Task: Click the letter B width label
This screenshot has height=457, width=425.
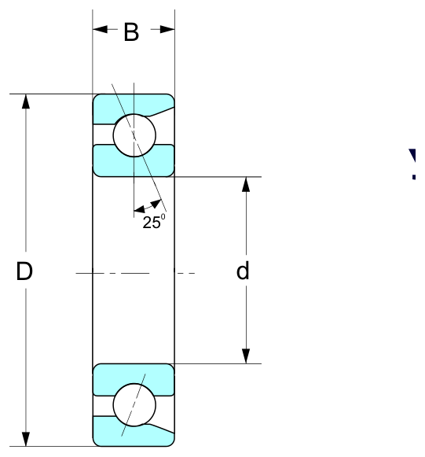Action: click(x=131, y=32)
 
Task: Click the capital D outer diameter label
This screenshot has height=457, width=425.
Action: click(x=24, y=271)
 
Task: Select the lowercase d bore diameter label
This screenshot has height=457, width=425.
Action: click(x=243, y=271)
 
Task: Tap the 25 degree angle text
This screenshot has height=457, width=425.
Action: click(x=154, y=222)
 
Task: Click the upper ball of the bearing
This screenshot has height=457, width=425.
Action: click(x=134, y=135)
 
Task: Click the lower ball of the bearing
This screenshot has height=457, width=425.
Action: click(x=134, y=405)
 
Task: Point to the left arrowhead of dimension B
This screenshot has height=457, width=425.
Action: click(x=100, y=29)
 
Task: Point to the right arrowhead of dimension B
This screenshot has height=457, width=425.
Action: click(x=167, y=29)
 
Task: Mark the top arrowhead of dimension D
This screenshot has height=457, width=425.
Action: click(x=26, y=101)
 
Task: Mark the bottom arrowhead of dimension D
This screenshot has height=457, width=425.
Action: click(x=26, y=439)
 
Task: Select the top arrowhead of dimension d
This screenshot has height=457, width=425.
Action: click(x=246, y=184)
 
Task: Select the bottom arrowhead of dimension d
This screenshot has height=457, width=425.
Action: click(x=246, y=356)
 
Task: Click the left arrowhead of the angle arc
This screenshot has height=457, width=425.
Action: click(x=139, y=209)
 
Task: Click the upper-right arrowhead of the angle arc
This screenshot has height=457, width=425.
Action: click(x=156, y=203)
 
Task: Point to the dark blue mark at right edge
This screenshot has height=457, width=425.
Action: click(x=413, y=164)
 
